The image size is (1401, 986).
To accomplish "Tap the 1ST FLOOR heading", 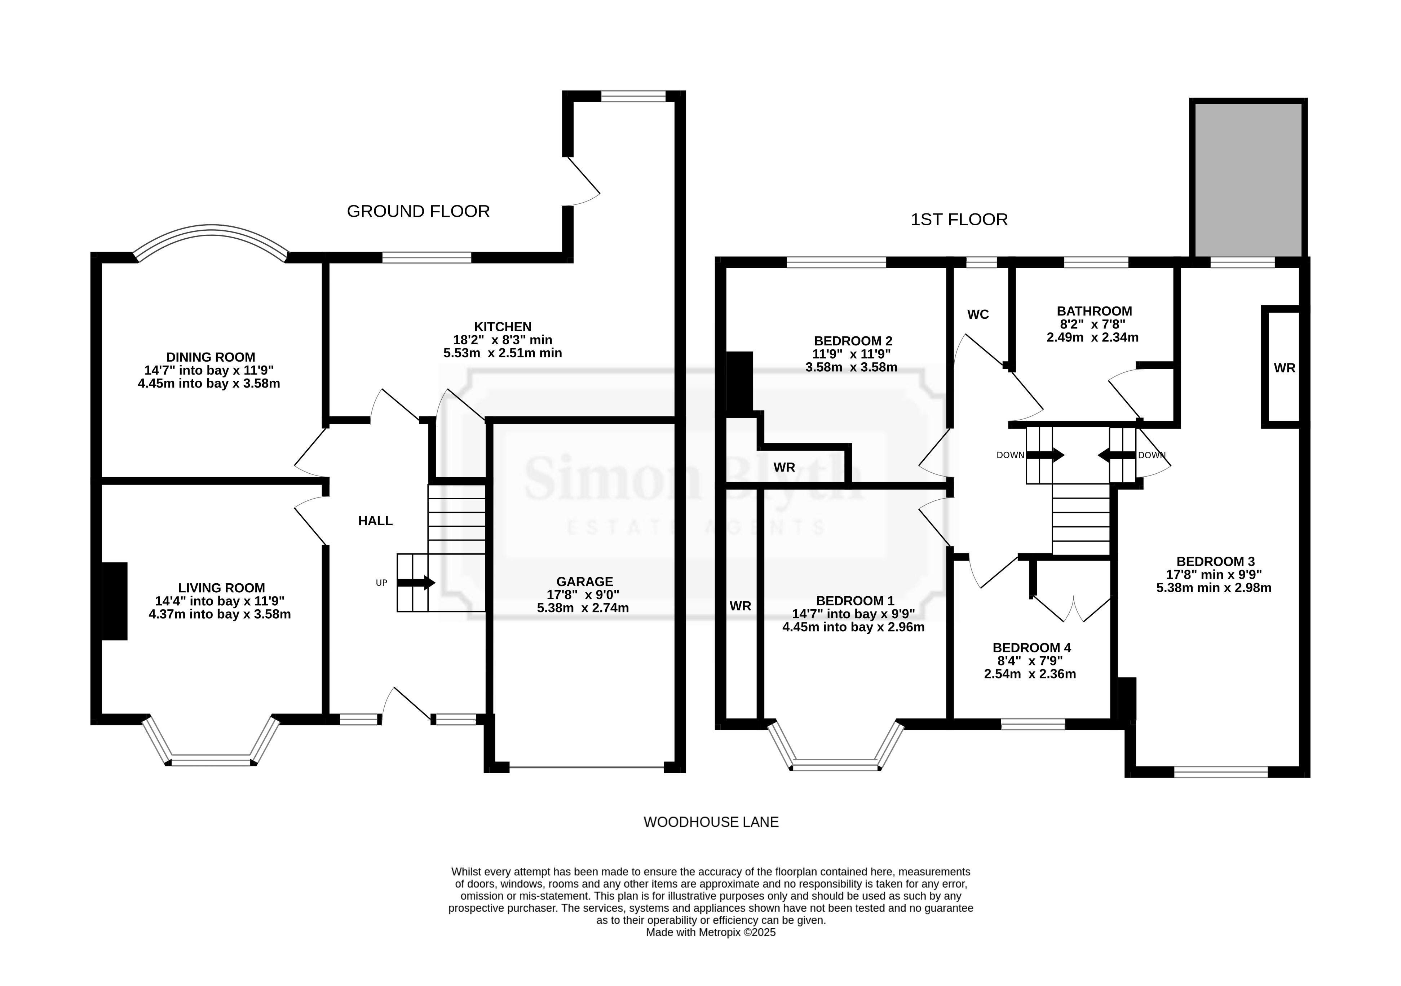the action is pyautogui.click(x=959, y=220).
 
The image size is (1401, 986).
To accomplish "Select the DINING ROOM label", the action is pyautogui.click(x=211, y=357).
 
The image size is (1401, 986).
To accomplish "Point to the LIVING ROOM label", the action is pyautogui.click(x=221, y=588).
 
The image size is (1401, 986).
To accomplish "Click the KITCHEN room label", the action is pyautogui.click(x=503, y=326).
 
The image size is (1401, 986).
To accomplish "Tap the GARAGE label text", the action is pyautogui.click(x=584, y=582).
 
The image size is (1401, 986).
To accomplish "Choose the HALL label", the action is pyautogui.click(x=375, y=521).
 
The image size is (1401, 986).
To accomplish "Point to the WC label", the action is pyautogui.click(x=978, y=314).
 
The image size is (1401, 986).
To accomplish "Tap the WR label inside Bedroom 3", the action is pyautogui.click(x=1285, y=368).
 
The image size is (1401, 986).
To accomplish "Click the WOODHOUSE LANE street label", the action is pyautogui.click(x=711, y=822).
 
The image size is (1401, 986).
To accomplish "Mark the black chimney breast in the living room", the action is pyautogui.click(x=114, y=601).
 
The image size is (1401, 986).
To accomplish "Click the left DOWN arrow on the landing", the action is pyautogui.click(x=1046, y=455).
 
